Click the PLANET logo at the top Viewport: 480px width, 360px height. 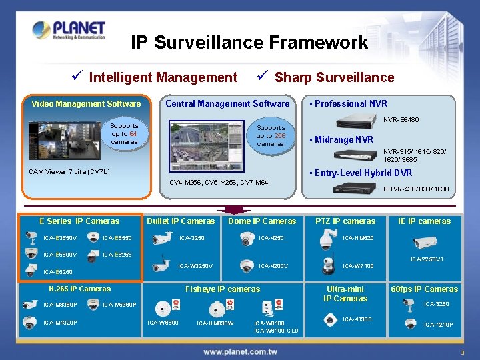coord(68,31)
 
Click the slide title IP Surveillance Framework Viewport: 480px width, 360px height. coord(249,43)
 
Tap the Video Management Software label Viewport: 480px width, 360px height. coord(86,103)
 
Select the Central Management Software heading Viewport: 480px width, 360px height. coord(227,103)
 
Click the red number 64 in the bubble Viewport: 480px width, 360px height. coord(133,133)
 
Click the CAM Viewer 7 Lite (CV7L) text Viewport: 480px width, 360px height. coord(69,172)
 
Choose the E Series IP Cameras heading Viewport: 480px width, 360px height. coord(79,221)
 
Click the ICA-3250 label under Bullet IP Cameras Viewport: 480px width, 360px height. coord(192,238)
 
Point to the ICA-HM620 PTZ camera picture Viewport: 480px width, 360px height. coord(327,239)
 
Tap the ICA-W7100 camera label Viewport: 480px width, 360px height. coord(358,266)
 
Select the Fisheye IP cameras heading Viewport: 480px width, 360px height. coord(223,289)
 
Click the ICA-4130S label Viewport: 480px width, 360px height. coord(357,320)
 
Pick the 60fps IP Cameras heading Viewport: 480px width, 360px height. coord(424,289)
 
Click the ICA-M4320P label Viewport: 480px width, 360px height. coord(60,323)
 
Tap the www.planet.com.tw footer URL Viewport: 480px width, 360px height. coord(241,351)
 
